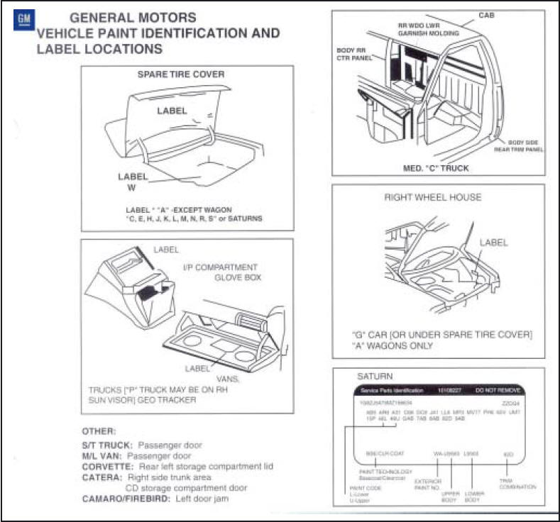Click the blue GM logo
point(23,20)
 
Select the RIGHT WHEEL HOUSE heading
point(432,197)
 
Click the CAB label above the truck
point(487,15)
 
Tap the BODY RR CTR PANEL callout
point(354,55)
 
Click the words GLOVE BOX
point(238,278)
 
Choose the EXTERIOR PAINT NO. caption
point(428,484)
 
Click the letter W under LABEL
point(130,188)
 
